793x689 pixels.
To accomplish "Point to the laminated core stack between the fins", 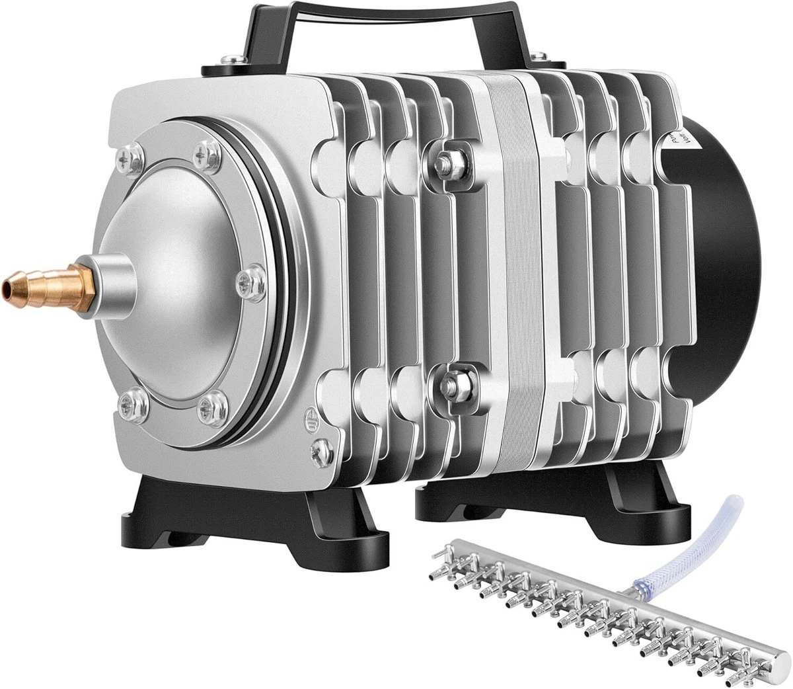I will (509, 264).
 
